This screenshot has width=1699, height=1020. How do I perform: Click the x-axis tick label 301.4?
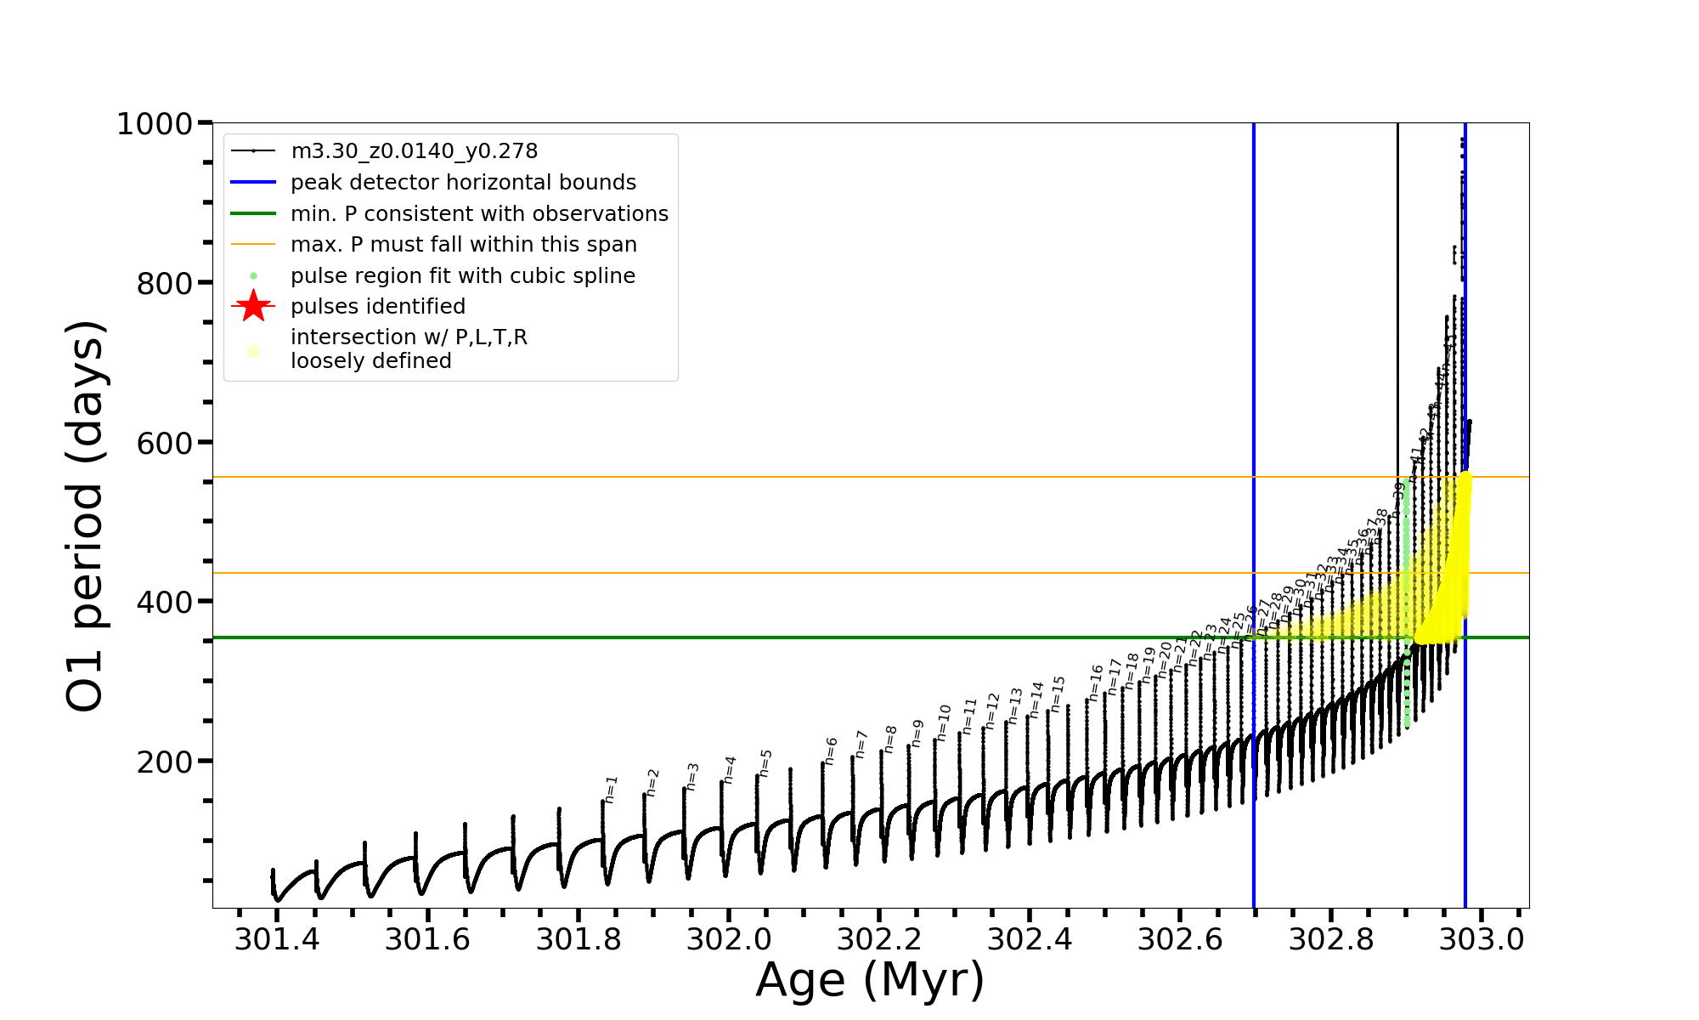coord(277,939)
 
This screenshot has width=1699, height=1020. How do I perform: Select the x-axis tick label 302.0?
coord(729,939)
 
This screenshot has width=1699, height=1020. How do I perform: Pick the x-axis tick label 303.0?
coord(1482,939)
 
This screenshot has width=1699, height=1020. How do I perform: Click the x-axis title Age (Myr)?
coord(870,980)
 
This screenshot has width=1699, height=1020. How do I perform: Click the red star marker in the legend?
coord(253,306)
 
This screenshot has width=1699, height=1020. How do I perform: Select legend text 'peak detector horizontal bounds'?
coord(463,183)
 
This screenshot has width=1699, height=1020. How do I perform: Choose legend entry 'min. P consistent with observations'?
coord(479,214)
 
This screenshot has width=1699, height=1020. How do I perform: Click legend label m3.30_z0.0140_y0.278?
coord(414,151)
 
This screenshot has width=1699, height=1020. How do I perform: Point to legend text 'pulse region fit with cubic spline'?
coord(462,276)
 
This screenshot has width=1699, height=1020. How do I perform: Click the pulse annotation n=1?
coord(611,789)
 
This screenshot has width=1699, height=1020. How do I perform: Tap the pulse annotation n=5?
coord(765,762)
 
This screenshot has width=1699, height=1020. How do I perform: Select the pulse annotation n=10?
coord(944,722)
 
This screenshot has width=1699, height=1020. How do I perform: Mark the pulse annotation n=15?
coord(1058,694)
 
